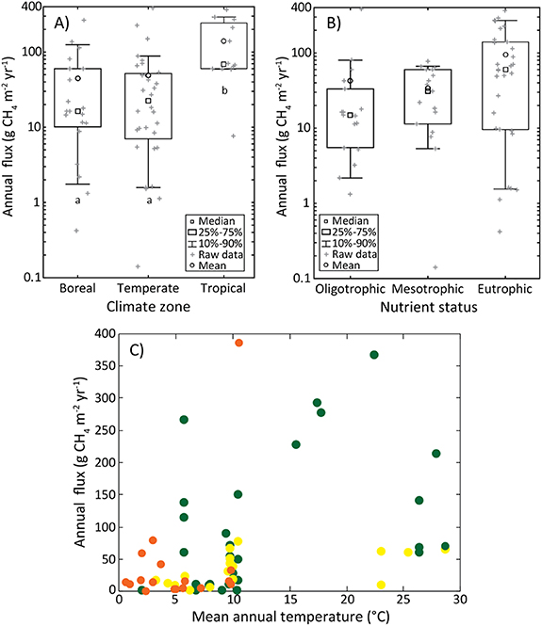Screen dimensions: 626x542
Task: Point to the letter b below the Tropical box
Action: point(224,90)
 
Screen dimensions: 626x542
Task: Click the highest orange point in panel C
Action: point(238,343)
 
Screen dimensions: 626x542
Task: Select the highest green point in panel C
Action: point(374,355)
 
